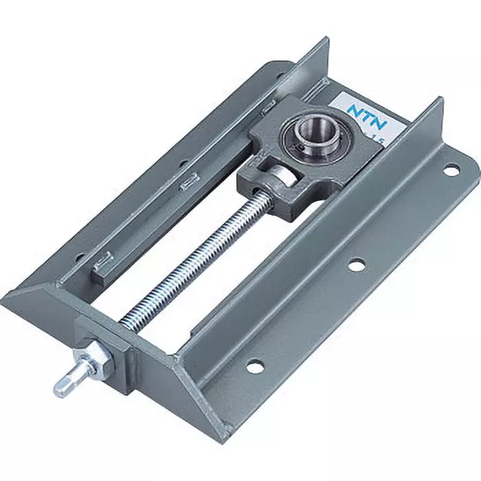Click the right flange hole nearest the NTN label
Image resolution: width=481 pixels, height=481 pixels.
[x=450, y=170]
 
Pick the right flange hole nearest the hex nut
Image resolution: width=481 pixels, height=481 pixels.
[x=254, y=364]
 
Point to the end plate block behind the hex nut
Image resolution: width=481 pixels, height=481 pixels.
[x=126, y=355]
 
